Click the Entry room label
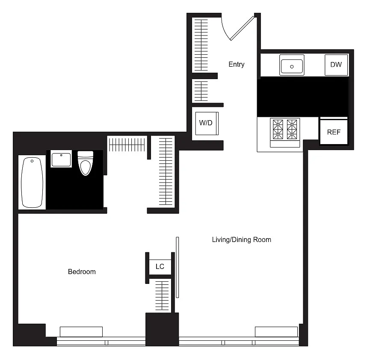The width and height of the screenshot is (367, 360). point(237,64)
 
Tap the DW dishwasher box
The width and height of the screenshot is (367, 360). point(336,65)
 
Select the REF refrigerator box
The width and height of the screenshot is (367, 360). point(334,132)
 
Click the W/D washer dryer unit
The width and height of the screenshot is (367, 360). point(207,123)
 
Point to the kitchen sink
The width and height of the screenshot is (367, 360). point(292,65)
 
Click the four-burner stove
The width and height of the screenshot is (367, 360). point(285,133)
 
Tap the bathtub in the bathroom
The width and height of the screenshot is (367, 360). point(32,183)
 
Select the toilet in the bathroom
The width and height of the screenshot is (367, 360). point(86,163)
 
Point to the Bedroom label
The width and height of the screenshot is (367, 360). point(82,271)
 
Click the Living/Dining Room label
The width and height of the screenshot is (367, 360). point(242,239)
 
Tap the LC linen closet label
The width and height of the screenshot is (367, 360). point(160,266)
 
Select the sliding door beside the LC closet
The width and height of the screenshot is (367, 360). point(178,267)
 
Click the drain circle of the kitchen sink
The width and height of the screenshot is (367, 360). point(292,67)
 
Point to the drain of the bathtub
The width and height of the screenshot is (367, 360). point(32,161)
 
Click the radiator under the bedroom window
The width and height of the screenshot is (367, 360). point(81,332)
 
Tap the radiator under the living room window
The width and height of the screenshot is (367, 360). point(276,332)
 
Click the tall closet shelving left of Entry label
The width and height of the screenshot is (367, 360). point(201,45)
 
